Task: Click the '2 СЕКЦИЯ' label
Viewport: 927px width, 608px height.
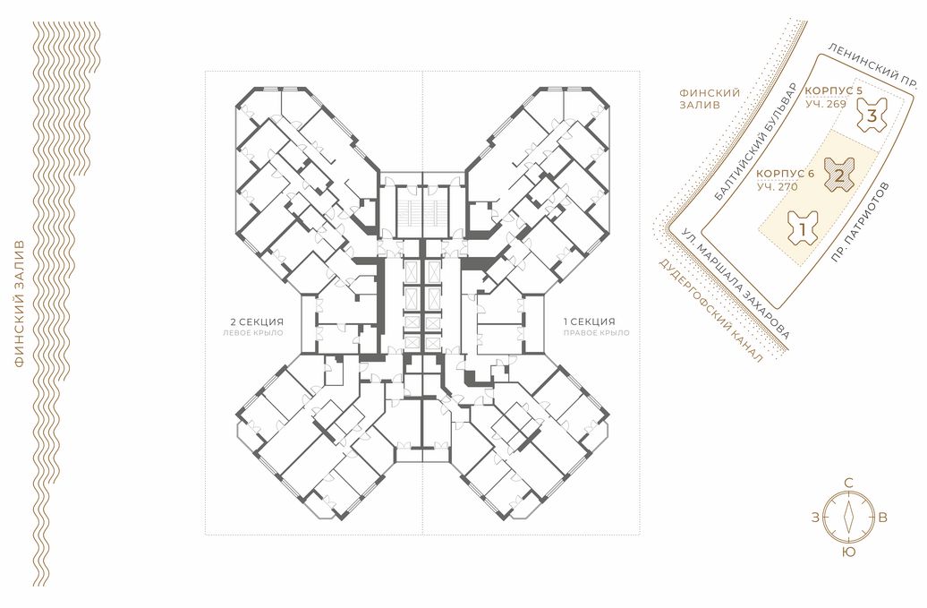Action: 257,322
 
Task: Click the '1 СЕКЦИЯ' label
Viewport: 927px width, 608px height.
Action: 589,322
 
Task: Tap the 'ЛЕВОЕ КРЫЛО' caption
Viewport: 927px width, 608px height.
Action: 253,333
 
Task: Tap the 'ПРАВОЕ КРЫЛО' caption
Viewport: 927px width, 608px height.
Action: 596,333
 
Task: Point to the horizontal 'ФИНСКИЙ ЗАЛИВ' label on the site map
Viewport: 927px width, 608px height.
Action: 710,98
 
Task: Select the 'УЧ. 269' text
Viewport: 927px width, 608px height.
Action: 825,104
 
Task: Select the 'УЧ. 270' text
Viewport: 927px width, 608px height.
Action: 778,187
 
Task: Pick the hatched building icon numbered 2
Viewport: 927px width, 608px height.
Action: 839,176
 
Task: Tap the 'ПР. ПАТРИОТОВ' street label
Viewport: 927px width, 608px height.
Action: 859,222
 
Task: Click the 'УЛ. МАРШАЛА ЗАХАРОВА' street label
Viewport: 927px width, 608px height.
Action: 734,283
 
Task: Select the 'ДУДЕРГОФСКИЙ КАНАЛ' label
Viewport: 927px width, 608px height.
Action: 710,310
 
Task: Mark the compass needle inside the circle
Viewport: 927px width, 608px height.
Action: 849,517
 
